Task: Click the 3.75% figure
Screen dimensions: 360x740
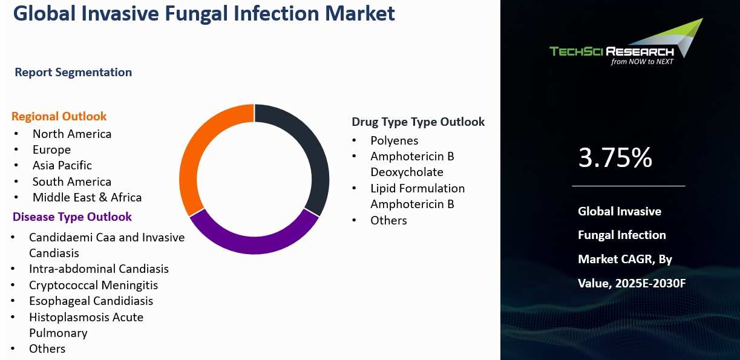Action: point(615,159)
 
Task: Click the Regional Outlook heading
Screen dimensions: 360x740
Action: point(59,116)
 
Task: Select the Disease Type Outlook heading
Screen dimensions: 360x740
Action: point(72,217)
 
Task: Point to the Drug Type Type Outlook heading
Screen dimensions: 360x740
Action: point(418,122)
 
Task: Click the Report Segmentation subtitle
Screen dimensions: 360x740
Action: point(73,72)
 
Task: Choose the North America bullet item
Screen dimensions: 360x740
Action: point(71,134)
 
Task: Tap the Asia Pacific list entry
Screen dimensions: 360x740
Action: point(62,165)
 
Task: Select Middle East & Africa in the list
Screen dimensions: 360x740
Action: point(87,197)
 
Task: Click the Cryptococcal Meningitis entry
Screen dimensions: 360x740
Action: point(93,285)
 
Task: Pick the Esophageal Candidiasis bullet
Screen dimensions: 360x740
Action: point(91,301)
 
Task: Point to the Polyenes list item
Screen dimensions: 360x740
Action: point(394,140)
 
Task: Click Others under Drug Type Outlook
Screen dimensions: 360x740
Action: point(388,220)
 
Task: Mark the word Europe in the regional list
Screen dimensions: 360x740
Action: point(51,149)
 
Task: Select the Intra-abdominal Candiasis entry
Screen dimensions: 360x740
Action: point(99,269)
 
